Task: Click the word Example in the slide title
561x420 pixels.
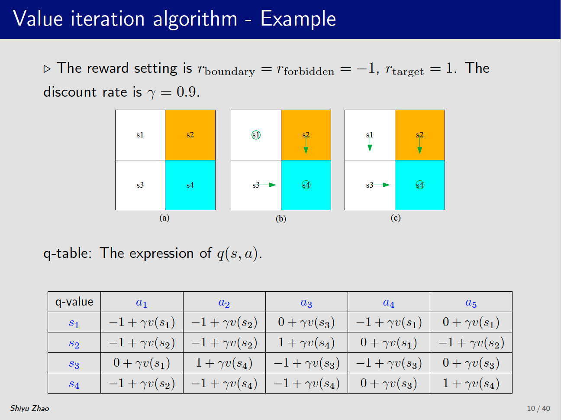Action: (298, 19)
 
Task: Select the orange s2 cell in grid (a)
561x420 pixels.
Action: (190, 135)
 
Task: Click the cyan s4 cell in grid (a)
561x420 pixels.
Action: (190, 185)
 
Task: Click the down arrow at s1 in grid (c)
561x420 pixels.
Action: (370, 143)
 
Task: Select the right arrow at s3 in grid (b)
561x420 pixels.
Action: (267, 185)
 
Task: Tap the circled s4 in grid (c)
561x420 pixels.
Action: (419, 185)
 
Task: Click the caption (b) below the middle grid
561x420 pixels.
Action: (280, 218)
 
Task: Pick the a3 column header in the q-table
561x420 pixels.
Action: (306, 303)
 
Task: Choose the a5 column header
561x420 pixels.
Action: (471, 303)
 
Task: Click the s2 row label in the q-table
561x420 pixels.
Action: (74, 343)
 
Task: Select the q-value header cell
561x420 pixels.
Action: (74, 302)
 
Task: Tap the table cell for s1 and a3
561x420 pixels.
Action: (306, 322)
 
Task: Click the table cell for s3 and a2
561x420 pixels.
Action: (224, 363)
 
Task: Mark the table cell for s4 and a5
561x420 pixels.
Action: (471, 383)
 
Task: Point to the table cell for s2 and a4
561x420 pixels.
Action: (388, 342)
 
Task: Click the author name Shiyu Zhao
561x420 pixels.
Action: (29, 408)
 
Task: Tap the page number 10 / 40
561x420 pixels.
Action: (538, 408)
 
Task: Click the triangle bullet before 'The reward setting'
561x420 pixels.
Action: (47, 69)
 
